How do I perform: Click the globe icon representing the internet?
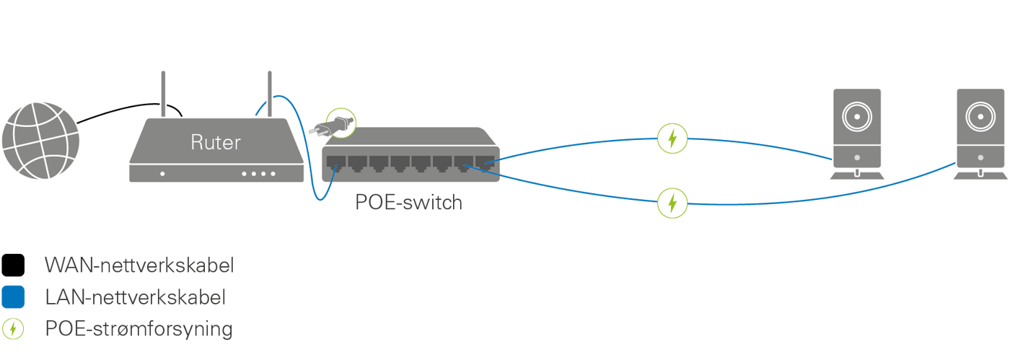coord(39,141)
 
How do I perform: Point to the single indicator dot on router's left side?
coord(162,174)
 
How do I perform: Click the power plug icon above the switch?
coord(339,123)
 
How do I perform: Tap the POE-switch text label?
coord(408,203)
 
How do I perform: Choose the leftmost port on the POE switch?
coord(336,162)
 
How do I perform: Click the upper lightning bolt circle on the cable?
coord(672,139)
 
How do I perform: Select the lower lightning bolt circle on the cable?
coord(672,203)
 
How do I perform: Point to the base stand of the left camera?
coord(856,175)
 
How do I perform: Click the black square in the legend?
coord(13,265)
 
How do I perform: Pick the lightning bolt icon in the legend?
coord(13,330)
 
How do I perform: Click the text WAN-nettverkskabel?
coord(139,265)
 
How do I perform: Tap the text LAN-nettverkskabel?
coord(136,297)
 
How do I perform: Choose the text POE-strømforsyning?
coord(139,330)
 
